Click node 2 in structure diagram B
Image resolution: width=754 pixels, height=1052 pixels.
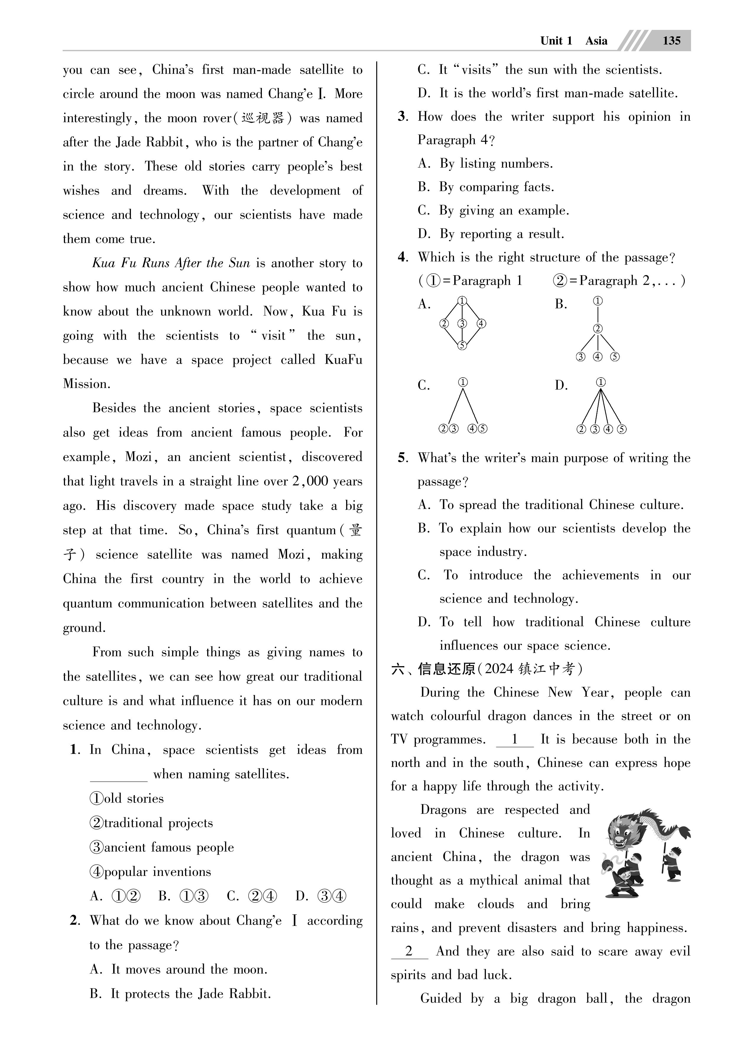tap(598, 329)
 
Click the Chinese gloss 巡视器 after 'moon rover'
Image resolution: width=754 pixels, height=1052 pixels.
tap(263, 118)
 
